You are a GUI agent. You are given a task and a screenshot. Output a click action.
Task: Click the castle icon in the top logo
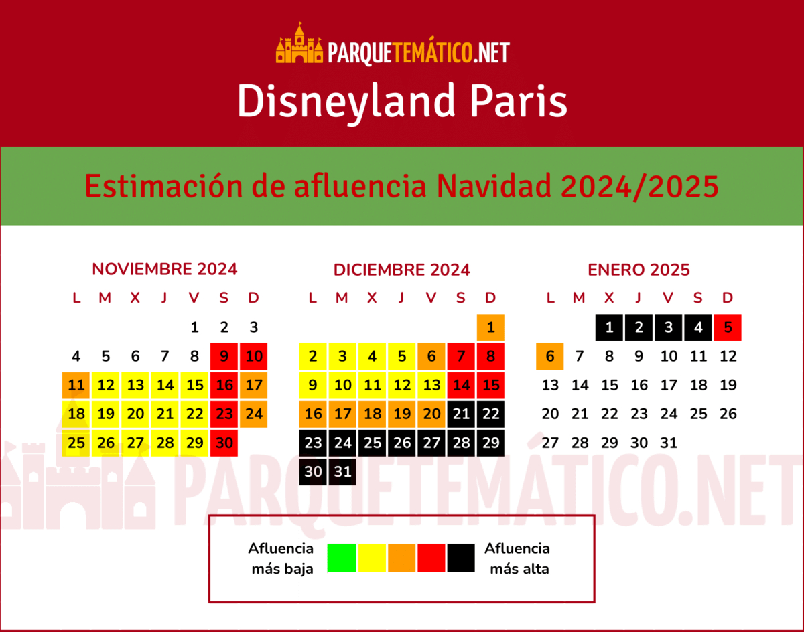(x=299, y=44)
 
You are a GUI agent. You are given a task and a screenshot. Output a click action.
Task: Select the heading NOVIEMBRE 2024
(x=164, y=269)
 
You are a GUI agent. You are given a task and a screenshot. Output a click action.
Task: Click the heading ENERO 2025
(x=639, y=270)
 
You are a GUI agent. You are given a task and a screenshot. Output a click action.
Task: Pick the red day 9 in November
(x=224, y=356)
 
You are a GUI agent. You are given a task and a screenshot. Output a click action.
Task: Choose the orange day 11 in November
(x=76, y=385)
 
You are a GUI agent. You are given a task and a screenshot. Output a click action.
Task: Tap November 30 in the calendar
(x=224, y=443)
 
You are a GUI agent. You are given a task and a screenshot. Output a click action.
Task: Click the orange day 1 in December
(x=490, y=327)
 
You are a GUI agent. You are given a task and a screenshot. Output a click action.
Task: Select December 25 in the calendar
(x=372, y=443)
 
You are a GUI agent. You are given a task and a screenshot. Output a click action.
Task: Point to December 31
(x=342, y=471)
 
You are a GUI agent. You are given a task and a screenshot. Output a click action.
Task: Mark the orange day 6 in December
(x=431, y=356)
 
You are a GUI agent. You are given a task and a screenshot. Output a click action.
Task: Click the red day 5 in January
(x=728, y=327)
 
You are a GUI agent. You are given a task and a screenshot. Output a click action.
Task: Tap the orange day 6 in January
(x=550, y=356)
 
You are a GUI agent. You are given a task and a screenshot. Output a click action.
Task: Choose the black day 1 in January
(x=609, y=327)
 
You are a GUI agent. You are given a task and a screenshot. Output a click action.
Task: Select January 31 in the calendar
(x=669, y=443)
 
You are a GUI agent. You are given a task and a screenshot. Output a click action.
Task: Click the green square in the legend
(x=342, y=558)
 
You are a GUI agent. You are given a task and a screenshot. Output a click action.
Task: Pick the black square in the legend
(x=462, y=558)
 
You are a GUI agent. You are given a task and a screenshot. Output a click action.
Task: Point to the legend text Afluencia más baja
(x=281, y=558)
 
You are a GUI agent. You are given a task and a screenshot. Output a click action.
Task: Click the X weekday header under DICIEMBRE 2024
(x=372, y=298)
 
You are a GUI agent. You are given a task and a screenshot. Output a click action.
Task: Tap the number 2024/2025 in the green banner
(x=640, y=186)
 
